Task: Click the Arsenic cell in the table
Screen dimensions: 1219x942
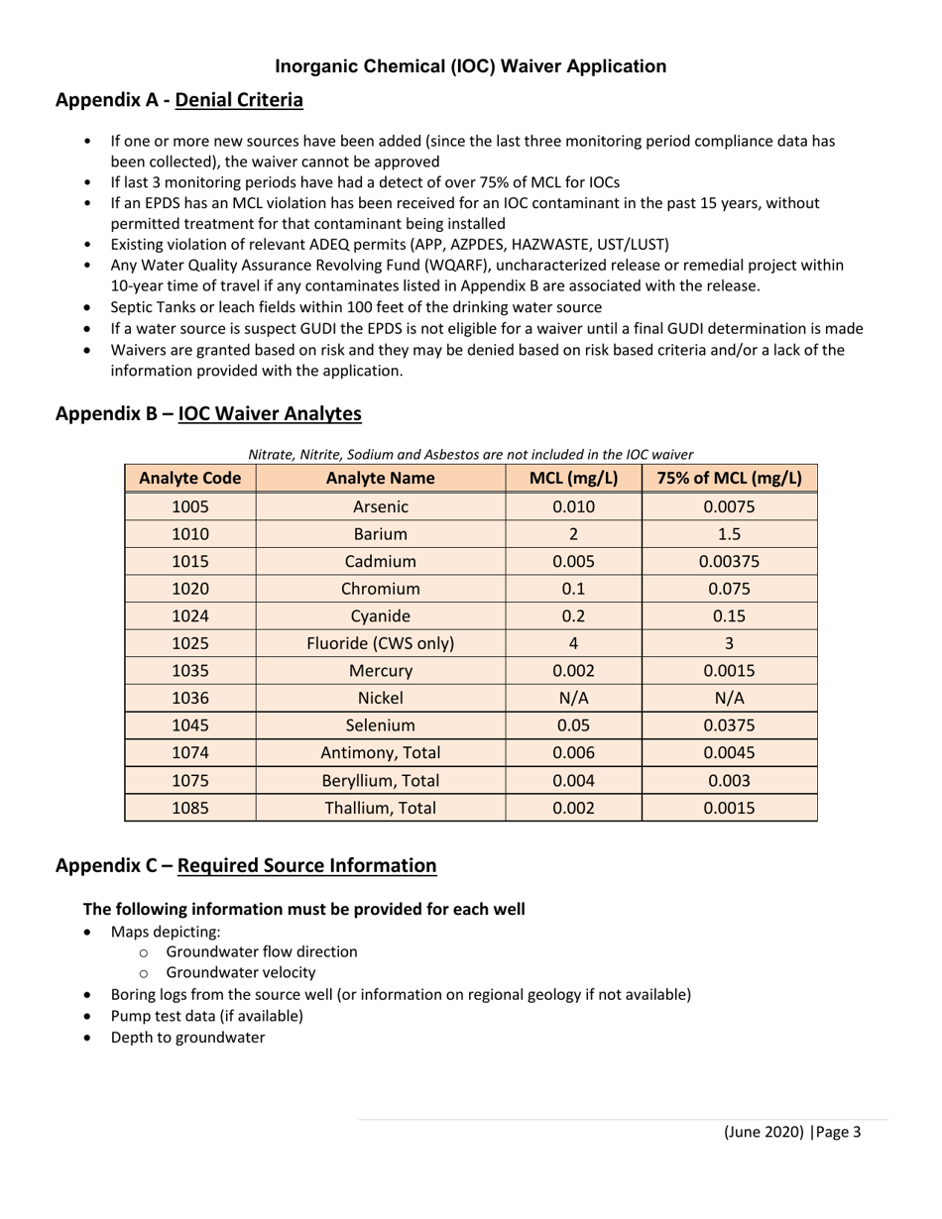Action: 381,506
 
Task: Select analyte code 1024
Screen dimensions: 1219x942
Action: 190,615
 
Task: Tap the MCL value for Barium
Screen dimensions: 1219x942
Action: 573,533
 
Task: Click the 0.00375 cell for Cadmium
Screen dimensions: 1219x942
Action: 729,561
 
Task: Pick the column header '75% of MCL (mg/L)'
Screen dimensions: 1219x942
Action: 729,478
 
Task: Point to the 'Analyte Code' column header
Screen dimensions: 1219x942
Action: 190,478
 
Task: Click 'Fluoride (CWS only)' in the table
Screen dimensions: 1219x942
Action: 381,643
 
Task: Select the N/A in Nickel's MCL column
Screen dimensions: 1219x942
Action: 573,698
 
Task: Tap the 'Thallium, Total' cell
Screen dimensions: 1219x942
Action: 381,808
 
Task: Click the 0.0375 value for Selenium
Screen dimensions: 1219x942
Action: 729,725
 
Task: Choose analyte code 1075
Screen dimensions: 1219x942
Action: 190,780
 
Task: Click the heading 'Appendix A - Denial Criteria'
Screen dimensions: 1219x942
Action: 179,100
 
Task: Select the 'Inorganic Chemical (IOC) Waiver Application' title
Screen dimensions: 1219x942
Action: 470,66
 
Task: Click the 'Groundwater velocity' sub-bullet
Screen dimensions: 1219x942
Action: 241,972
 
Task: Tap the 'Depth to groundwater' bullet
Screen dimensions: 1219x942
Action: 187,1038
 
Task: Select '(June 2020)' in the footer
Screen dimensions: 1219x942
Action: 763,1132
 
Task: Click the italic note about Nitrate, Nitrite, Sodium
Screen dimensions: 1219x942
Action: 470,454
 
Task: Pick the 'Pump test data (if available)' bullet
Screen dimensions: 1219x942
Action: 206,1016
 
